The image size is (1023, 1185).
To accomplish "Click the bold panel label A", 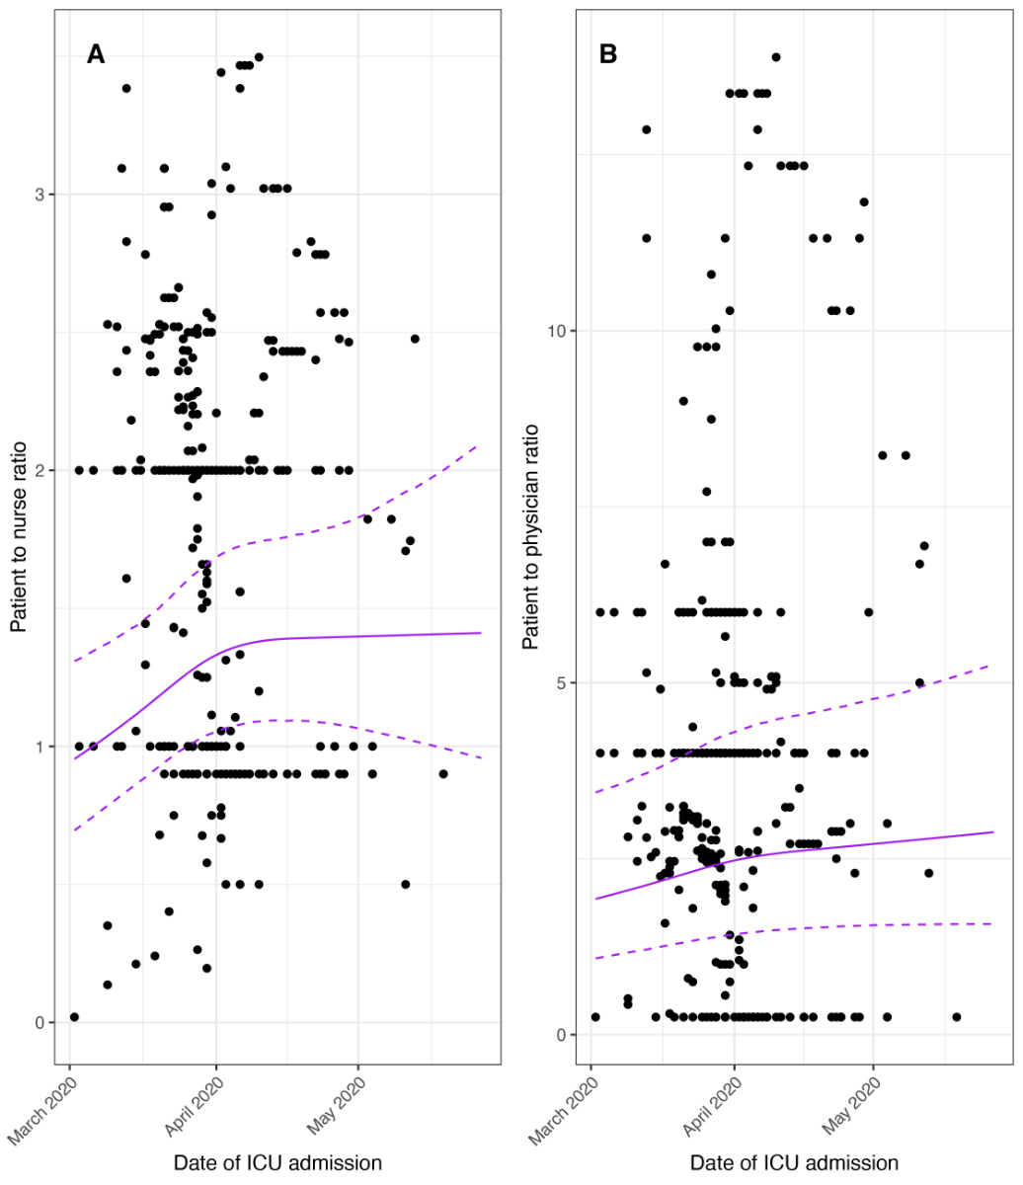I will point(96,54).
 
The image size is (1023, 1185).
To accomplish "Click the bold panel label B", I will point(608,54).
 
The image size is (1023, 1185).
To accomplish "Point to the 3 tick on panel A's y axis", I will point(42,195).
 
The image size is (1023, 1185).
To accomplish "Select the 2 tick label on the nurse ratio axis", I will point(42,470).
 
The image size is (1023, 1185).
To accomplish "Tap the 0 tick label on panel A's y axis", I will point(42,1022).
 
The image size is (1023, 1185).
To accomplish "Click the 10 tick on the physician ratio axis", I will point(557,331).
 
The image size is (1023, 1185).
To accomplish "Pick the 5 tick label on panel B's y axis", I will point(562,682).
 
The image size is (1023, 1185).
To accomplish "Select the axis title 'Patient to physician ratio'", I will point(530,536).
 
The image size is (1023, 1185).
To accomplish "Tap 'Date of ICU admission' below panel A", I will point(277,1162).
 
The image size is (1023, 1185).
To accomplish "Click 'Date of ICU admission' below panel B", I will point(794,1162).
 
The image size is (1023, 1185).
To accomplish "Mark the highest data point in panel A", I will point(259,57).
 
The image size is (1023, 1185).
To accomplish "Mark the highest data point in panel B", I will point(776,57).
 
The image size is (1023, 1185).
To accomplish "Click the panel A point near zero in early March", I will point(74,1016).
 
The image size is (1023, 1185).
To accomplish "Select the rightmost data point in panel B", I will point(956,1016).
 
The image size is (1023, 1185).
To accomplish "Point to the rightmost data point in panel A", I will point(443,773).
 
